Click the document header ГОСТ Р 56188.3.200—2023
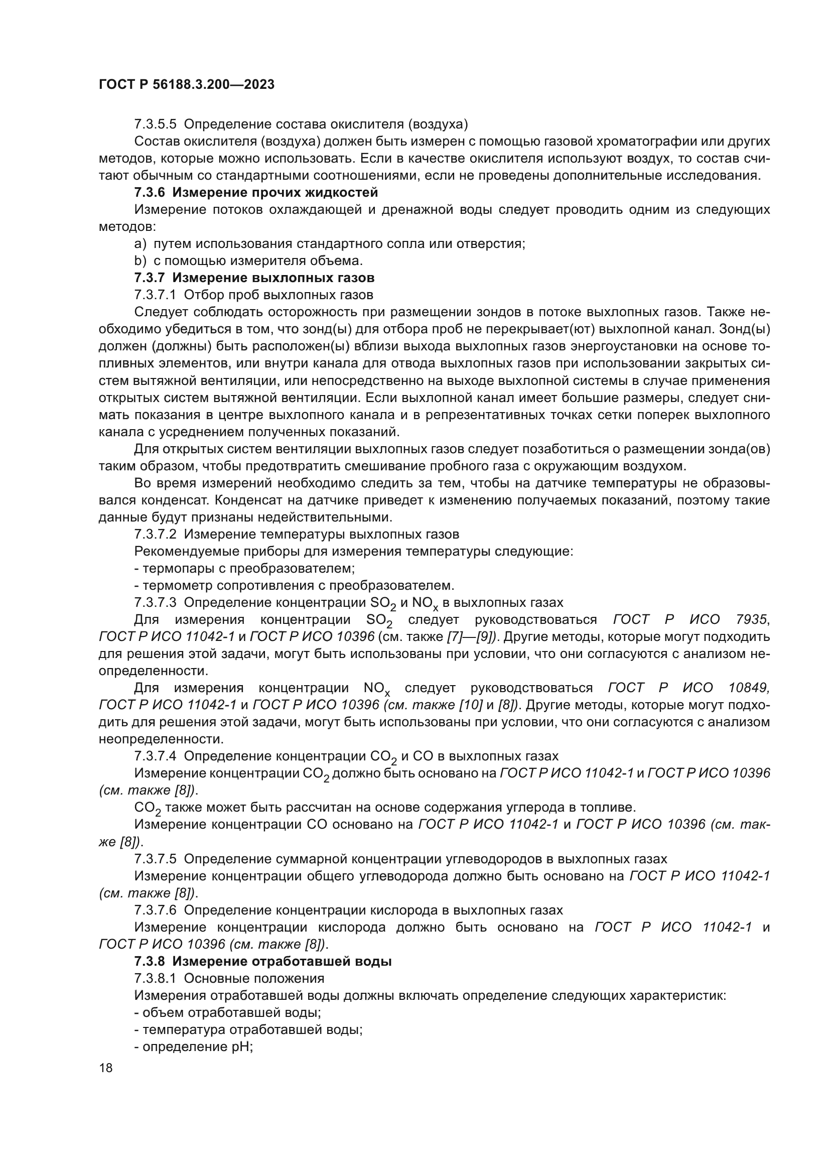pos(187,84)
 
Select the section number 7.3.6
pos(150,193)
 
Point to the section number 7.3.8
pos(150,961)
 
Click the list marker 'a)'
pos(141,244)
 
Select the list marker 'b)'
pos(141,261)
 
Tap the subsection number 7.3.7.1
pos(155,295)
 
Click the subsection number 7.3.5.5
pos(155,124)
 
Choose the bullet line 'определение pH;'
pos(198,1047)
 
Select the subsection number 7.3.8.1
pos(155,978)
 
